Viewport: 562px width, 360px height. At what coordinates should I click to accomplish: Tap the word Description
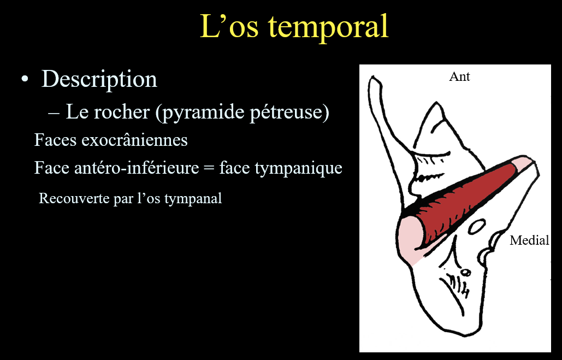(x=99, y=79)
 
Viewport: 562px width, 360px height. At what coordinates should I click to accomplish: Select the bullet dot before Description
(x=25, y=79)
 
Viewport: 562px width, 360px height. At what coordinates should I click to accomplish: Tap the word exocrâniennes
(x=135, y=140)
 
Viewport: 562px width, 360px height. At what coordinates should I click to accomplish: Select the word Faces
(x=56, y=140)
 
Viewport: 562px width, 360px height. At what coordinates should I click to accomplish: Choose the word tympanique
(x=298, y=168)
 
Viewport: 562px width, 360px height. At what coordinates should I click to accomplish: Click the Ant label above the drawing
(x=459, y=76)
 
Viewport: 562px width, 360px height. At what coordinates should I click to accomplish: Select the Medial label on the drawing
(x=529, y=240)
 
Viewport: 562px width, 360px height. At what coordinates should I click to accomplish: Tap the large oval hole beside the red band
(x=477, y=227)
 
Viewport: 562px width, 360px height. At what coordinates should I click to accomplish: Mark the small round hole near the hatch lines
(x=465, y=273)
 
